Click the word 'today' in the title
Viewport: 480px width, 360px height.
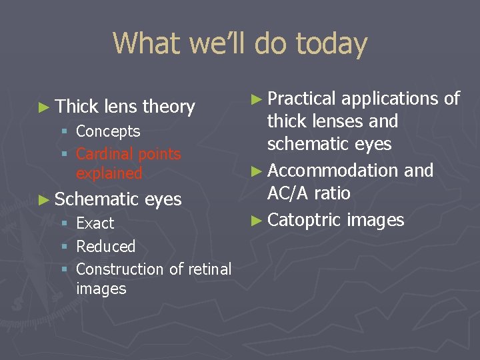[331, 44]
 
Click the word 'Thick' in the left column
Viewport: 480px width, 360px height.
[77, 107]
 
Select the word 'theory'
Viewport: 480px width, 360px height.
[169, 107]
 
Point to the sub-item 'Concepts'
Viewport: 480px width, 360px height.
[108, 131]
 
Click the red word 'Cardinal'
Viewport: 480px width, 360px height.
[102, 154]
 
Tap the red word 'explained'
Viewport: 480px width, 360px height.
[109, 173]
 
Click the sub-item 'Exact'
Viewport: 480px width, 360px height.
[95, 223]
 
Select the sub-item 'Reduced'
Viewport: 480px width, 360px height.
[106, 247]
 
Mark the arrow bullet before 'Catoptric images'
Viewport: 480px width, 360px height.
[257, 220]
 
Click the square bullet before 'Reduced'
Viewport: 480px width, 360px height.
[65, 247]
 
